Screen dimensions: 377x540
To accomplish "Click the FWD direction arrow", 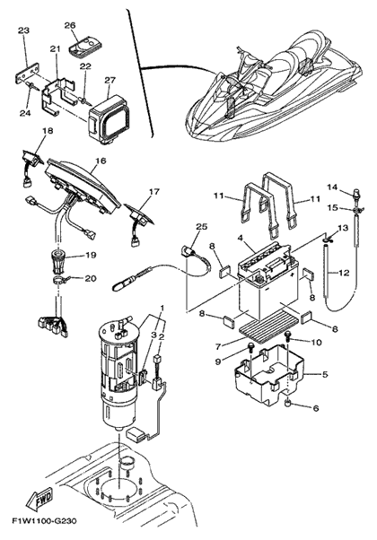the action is (x=40, y=498).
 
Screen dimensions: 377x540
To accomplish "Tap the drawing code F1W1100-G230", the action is (x=44, y=520).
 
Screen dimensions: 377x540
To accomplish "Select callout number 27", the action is (x=110, y=81).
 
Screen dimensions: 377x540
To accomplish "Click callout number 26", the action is (x=70, y=25).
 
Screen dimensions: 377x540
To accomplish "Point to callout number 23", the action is (x=23, y=30).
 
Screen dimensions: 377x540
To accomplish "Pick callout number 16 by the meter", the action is (x=101, y=161).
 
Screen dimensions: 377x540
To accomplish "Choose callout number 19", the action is (x=91, y=255).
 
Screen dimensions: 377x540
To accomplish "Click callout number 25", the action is (x=202, y=226).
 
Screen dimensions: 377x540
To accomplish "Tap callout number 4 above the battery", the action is (x=241, y=238).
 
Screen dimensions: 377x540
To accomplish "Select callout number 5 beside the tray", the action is (x=325, y=374).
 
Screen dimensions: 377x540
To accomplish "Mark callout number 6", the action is (x=316, y=408).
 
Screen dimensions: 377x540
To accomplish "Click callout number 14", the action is (x=332, y=187).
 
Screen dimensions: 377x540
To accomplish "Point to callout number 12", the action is (x=343, y=273).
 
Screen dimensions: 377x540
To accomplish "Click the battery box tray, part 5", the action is (x=269, y=375).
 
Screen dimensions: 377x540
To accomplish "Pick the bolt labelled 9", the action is (x=250, y=349).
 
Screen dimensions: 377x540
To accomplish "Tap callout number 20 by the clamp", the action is (x=91, y=278).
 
